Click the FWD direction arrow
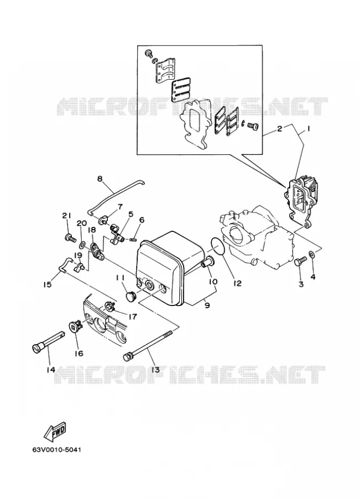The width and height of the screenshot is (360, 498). point(54,432)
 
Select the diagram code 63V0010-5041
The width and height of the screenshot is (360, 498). point(56,450)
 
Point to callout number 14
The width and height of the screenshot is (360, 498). point(50,370)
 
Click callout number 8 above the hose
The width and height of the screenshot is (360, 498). point(100,179)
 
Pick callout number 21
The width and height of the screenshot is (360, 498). point(66,215)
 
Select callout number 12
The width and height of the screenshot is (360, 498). point(237,283)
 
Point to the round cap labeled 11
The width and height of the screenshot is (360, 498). point(131,297)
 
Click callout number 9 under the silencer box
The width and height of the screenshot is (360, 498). point(207,306)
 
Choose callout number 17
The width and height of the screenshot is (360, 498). point(132,317)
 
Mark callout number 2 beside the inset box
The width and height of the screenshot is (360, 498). point(279,128)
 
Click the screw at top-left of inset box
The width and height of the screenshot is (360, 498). point(148,53)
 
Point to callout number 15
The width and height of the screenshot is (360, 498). point(47,284)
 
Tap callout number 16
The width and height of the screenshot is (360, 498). point(79,353)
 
